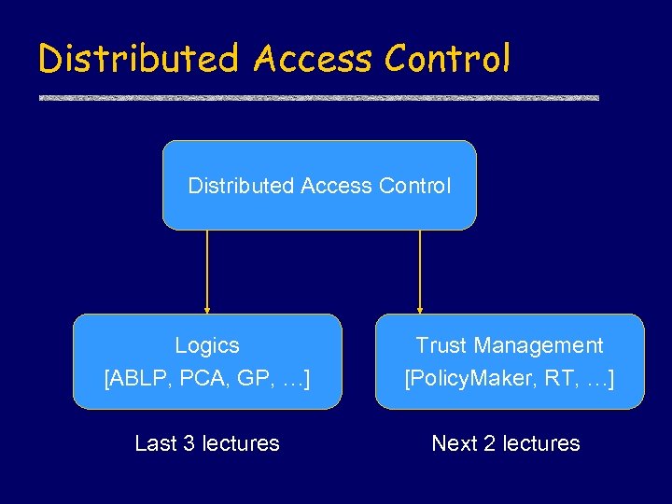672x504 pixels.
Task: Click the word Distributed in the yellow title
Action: coord(139,59)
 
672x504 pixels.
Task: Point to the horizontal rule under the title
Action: coord(318,98)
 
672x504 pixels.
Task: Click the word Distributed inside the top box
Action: coord(241,186)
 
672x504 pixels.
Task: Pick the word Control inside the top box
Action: coord(414,186)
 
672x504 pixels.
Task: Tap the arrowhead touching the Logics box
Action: coord(207,309)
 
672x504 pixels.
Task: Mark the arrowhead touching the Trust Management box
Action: coord(420,309)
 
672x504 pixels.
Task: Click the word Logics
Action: coord(207,345)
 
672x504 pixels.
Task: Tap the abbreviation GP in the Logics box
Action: coord(249,380)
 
